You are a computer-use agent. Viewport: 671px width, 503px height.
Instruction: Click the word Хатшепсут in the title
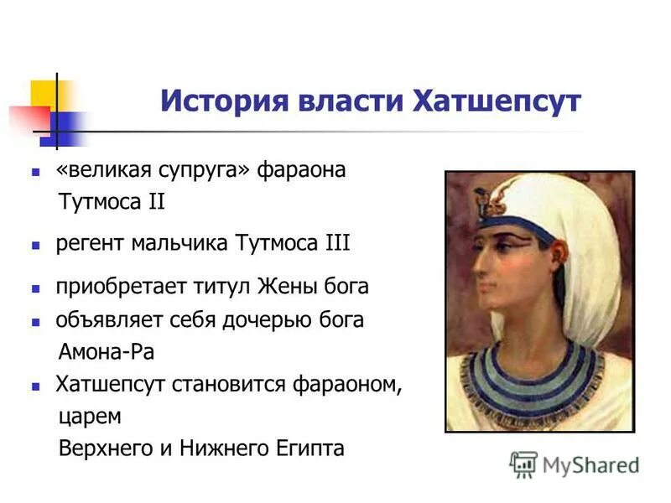point(497,102)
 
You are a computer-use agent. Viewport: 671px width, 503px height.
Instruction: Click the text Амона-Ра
point(107,352)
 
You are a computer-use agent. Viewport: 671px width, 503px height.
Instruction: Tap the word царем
point(90,417)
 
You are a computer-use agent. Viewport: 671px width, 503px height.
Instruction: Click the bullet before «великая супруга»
point(36,171)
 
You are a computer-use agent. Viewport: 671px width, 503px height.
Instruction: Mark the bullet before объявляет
point(36,321)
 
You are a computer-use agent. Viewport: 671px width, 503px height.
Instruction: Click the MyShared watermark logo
point(575,464)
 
